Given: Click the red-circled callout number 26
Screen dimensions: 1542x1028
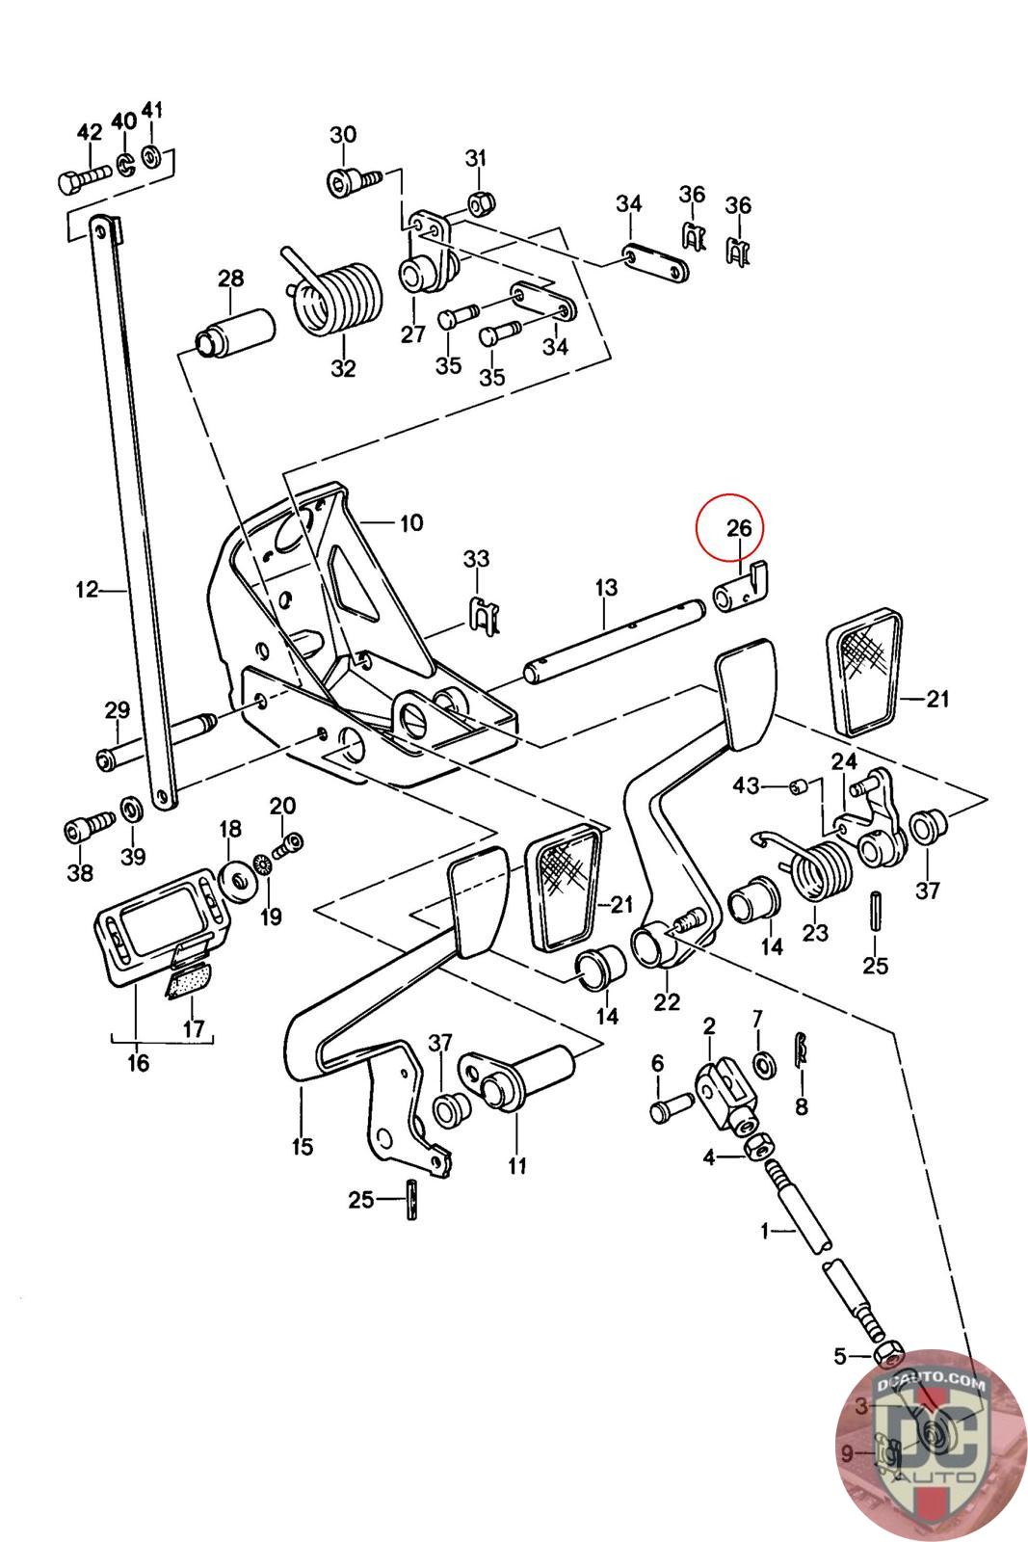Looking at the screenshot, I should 738,528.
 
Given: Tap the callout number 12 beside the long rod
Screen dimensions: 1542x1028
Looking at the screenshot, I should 87,588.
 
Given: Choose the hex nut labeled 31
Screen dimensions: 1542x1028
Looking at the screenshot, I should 480,201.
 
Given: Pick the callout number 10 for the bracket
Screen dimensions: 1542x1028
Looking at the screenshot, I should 410,523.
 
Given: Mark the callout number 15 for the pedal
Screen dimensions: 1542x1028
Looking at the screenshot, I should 303,1146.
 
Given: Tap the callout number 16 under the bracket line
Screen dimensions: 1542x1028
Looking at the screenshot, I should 139,1063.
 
